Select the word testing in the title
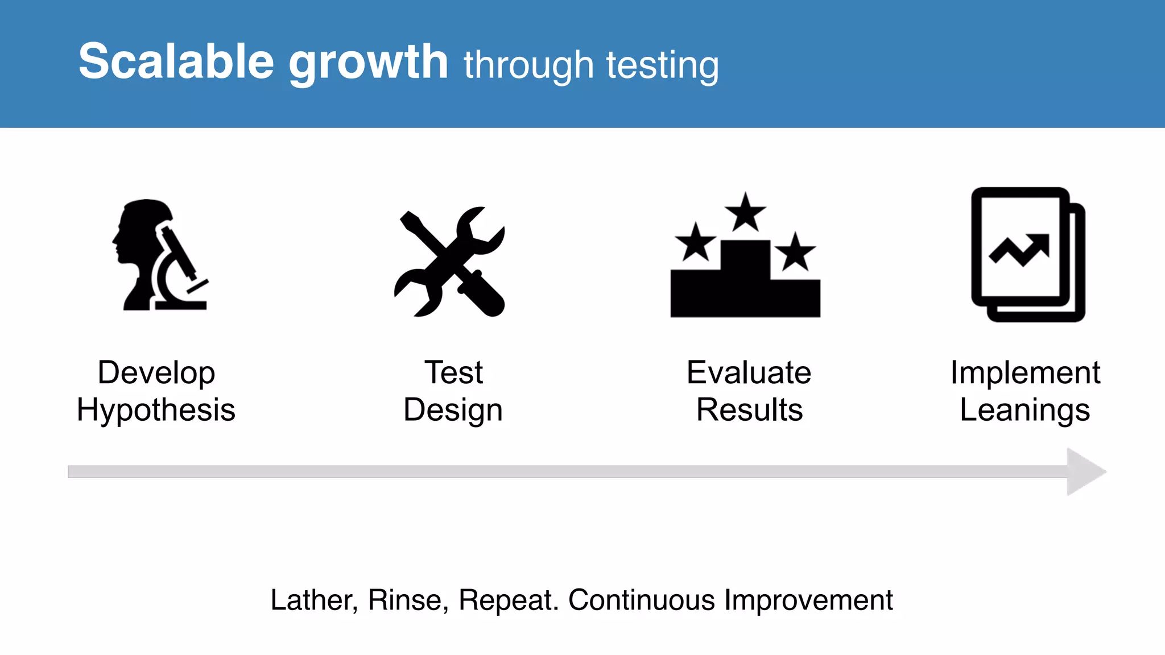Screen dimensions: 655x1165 (x=662, y=65)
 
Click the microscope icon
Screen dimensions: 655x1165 (x=181, y=267)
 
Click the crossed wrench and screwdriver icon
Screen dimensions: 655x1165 (x=449, y=262)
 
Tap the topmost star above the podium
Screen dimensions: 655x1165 (x=745, y=212)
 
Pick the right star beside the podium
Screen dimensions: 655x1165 (x=795, y=251)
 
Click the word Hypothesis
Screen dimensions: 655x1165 (x=156, y=410)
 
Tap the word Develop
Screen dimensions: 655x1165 (x=156, y=373)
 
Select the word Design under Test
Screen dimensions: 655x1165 (x=453, y=410)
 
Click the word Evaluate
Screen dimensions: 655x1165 (x=749, y=373)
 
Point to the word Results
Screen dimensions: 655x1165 (x=749, y=410)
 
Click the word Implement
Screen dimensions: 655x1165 (x=1025, y=373)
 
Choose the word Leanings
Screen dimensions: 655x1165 (x=1024, y=410)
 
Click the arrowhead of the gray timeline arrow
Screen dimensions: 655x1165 (x=1084, y=471)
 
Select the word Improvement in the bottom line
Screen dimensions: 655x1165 (x=808, y=600)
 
